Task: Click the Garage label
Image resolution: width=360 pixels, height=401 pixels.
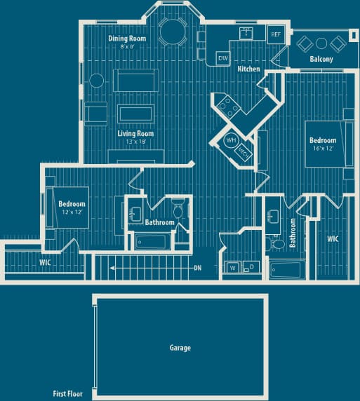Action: tap(180, 348)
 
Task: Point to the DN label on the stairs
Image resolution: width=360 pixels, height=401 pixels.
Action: tap(198, 269)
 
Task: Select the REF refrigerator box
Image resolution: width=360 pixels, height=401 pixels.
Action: tap(276, 34)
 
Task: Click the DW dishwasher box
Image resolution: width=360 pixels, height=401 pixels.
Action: tap(222, 58)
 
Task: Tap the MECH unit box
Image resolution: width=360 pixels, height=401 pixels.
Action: tap(244, 151)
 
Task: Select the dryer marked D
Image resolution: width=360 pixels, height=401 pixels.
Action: tap(251, 267)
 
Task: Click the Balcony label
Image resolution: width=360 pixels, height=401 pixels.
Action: tap(321, 60)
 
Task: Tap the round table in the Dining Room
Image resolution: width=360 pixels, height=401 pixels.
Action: tap(172, 30)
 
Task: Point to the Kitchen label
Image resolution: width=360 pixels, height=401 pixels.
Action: tap(248, 69)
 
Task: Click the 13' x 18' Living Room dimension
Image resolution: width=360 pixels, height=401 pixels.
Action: tap(136, 142)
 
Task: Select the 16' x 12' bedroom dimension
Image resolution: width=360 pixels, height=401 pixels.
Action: tap(323, 149)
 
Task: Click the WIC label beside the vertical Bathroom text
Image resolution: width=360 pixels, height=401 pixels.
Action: tap(333, 239)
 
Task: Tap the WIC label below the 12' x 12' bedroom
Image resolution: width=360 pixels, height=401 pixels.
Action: tap(45, 263)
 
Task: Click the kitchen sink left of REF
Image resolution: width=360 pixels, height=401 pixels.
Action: tap(246, 32)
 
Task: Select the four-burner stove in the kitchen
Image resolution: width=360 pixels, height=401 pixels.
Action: tap(229, 106)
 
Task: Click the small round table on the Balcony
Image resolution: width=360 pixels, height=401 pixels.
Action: tap(321, 43)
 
